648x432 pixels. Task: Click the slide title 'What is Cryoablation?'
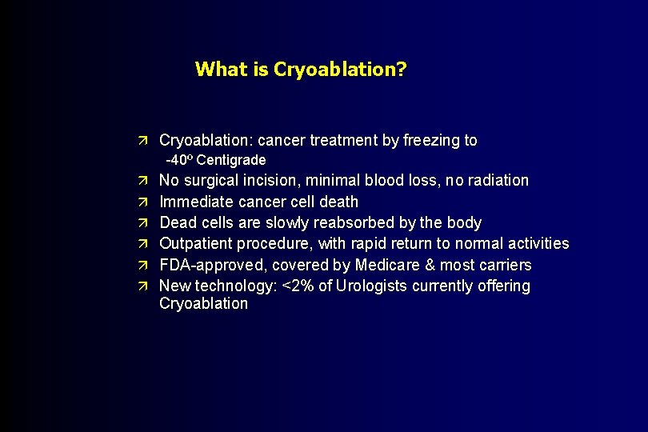pyautogui.click(x=300, y=69)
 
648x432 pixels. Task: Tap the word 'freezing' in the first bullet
pyautogui.click(x=431, y=141)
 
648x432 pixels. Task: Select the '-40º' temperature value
pyautogui.click(x=179, y=160)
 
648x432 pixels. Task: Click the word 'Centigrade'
pyautogui.click(x=231, y=160)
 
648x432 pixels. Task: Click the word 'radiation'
pyautogui.click(x=496, y=181)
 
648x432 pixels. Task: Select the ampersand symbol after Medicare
pyautogui.click(x=421, y=265)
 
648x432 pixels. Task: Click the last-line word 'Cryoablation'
pyautogui.click(x=203, y=304)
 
